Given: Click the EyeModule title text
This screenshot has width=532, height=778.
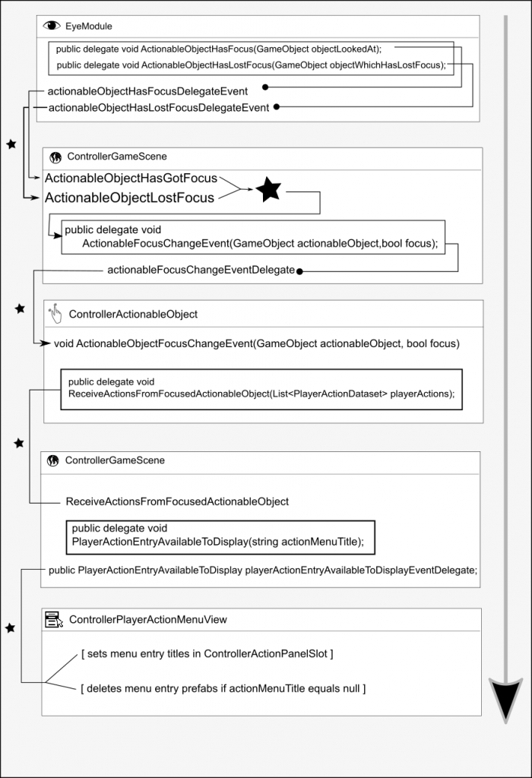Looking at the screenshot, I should (x=90, y=26).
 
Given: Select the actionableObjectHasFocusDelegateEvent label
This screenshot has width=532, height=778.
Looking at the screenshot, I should (x=147, y=91).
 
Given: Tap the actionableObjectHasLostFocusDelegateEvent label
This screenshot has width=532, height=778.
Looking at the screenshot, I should (x=158, y=107).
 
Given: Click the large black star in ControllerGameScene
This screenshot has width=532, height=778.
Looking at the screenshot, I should (x=268, y=189).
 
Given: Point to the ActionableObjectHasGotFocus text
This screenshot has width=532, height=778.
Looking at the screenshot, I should (x=131, y=179).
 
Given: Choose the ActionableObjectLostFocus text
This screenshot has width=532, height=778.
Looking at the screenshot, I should (x=129, y=198).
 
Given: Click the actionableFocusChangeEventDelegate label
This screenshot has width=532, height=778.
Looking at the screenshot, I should (x=201, y=270).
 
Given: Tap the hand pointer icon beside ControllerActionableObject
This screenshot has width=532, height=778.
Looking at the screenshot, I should (x=55, y=313).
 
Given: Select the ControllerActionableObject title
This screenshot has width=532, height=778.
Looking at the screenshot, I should (x=133, y=314).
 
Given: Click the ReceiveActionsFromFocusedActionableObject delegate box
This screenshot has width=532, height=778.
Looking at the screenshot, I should (x=261, y=389).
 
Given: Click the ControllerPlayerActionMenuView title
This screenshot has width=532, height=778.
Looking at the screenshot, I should (x=147, y=619).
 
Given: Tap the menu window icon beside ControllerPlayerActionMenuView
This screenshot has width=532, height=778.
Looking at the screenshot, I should (x=54, y=619).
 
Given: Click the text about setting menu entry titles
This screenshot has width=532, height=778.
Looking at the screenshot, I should (x=207, y=653).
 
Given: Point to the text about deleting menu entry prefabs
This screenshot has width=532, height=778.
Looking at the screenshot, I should (x=223, y=688).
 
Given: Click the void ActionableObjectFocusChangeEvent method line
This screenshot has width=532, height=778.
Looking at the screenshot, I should (x=256, y=343).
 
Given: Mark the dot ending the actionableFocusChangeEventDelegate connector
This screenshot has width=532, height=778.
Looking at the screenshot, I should (x=300, y=270).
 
